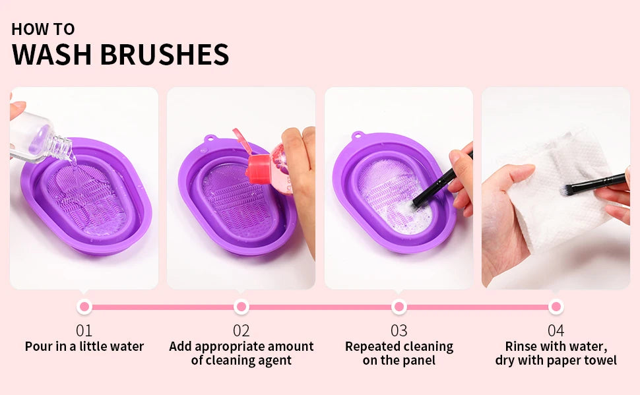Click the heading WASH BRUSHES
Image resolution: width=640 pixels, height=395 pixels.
pyautogui.click(x=120, y=55)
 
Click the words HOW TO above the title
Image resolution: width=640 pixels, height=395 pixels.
pyautogui.click(x=43, y=29)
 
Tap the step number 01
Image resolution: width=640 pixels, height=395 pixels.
pyautogui.click(x=84, y=330)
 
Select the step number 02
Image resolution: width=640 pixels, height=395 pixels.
pyautogui.click(x=241, y=330)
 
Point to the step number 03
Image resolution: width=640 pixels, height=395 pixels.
pyautogui.click(x=399, y=330)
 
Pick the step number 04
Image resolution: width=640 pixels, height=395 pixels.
pyautogui.click(x=556, y=330)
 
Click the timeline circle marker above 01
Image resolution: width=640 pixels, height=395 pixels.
pyautogui.click(x=84, y=307)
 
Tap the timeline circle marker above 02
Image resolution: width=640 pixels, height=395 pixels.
pyautogui.click(x=241, y=307)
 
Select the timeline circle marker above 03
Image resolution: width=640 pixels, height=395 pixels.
pyautogui.click(x=399, y=307)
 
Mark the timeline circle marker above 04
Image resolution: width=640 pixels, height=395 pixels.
pyautogui.click(x=556, y=307)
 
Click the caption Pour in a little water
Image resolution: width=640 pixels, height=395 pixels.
pyautogui.click(x=84, y=347)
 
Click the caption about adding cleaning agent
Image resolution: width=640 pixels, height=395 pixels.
pyautogui.click(x=241, y=353)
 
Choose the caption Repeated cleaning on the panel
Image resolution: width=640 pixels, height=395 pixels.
pyautogui.click(x=399, y=353)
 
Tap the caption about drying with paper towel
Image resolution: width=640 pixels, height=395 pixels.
pyautogui.click(x=556, y=353)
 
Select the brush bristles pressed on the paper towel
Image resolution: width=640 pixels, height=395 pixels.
pyautogui.click(x=567, y=191)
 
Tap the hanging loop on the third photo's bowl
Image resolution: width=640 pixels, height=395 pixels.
pyautogui.click(x=357, y=137)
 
